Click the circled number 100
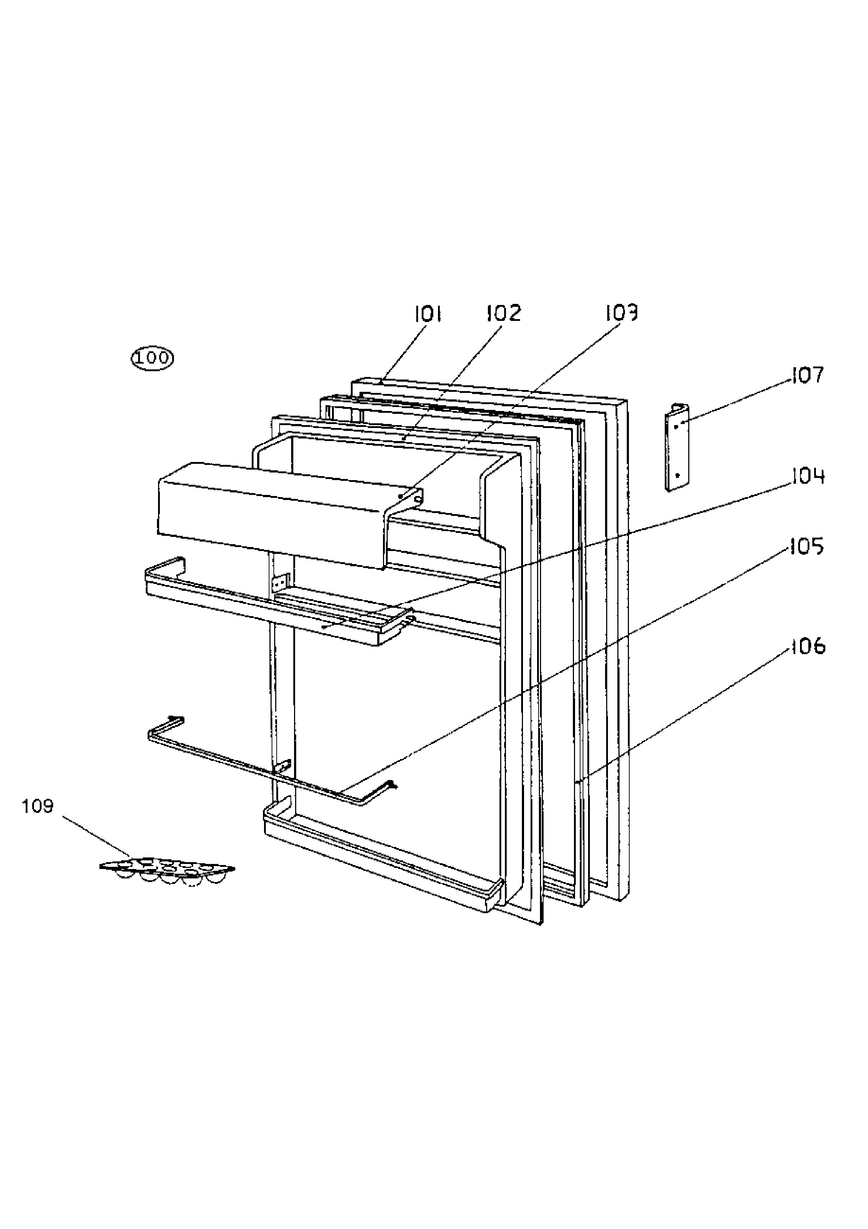coord(153,357)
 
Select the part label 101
coord(428,314)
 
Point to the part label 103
coord(621,313)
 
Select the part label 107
coord(808,375)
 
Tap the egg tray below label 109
coord(167,870)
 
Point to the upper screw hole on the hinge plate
coord(676,427)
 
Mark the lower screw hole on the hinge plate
coord(677,474)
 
